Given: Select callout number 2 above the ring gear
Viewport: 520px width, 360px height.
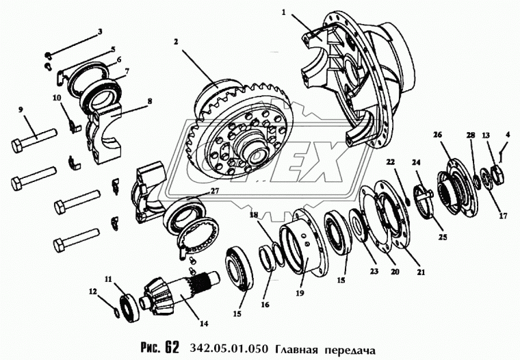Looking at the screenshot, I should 176,42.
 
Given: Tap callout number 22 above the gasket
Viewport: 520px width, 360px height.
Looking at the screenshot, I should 391,162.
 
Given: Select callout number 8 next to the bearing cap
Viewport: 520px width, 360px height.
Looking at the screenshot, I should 150,101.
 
